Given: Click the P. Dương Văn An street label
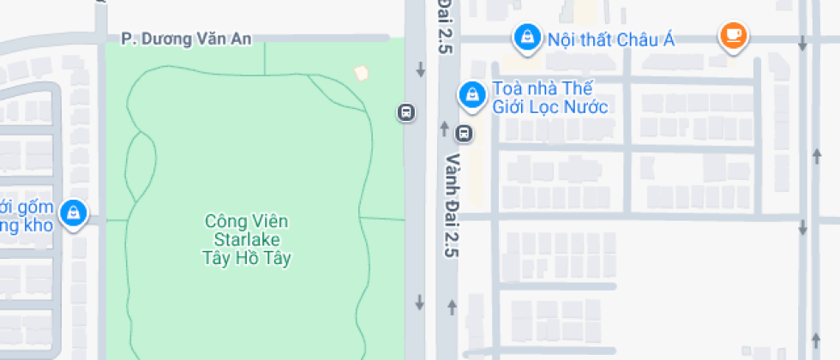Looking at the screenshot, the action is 187,39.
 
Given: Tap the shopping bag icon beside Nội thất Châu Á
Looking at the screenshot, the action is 525,36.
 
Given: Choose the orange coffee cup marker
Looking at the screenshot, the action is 733,34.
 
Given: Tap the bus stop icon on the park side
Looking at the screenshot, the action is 406,112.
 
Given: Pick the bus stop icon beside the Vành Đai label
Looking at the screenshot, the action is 464,133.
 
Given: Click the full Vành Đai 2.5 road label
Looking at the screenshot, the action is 452,206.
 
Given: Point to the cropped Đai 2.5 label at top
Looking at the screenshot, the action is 444,26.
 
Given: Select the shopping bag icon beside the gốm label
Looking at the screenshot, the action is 75,212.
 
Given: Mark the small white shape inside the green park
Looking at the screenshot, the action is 362,73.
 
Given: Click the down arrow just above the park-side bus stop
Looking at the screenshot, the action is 420,70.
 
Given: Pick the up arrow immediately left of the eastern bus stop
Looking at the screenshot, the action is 444,129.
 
